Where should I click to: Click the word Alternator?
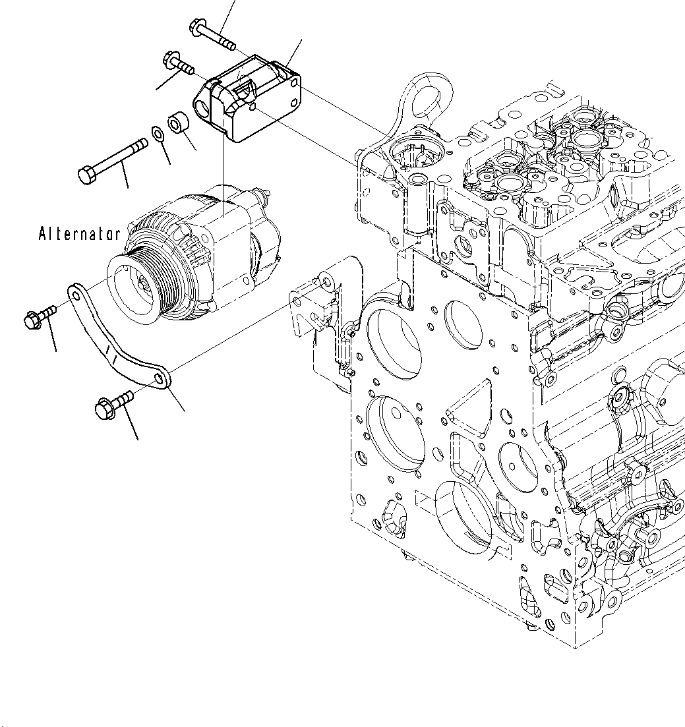79,233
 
